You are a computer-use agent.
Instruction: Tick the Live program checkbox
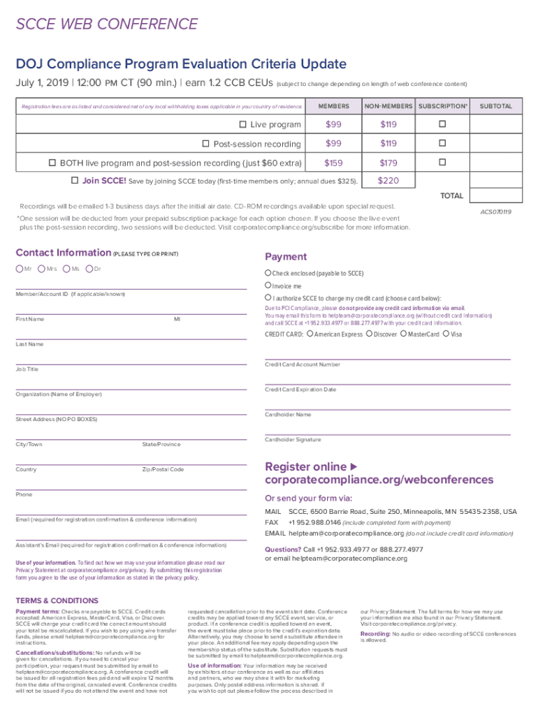click(x=243, y=125)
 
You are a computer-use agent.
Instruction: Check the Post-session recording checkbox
click(x=206, y=144)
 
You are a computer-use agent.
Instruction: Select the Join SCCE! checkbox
click(x=75, y=181)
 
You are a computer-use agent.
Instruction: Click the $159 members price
click(x=333, y=163)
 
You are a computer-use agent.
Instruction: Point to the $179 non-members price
click(x=388, y=163)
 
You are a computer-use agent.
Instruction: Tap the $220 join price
click(x=388, y=181)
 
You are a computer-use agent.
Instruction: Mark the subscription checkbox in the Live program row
click(x=441, y=125)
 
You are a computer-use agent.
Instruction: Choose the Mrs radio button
click(x=42, y=269)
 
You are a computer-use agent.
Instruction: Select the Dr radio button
click(x=89, y=269)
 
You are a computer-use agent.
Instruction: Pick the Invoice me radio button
click(x=268, y=286)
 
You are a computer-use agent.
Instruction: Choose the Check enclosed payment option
click(x=268, y=272)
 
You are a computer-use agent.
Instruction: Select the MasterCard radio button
click(x=402, y=334)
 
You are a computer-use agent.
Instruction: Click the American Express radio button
click(x=310, y=334)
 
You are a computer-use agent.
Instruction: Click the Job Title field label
click(x=27, y=369)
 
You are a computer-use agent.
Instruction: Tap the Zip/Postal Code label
click(x=163, y=469)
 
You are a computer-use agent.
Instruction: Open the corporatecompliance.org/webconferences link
click(x=379, y=480)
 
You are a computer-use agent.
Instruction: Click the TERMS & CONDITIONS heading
click(x=57, y=600)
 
